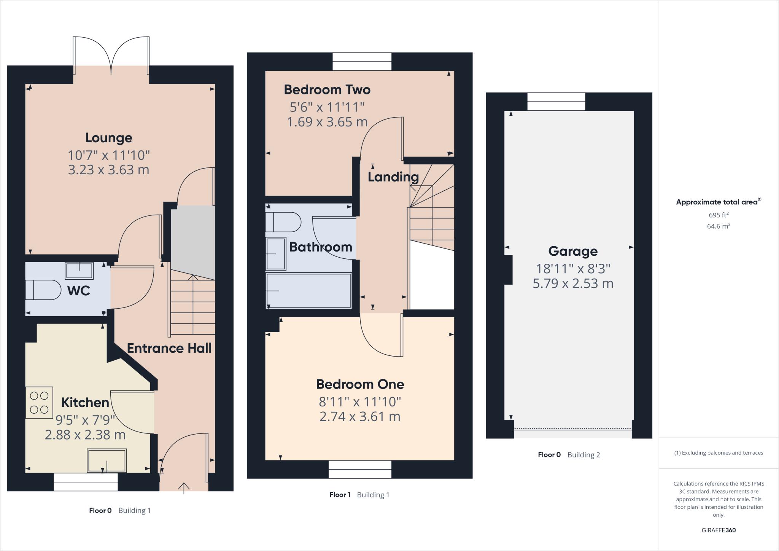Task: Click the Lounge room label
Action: click(x=108, y=138)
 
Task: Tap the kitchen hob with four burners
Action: click(x=39, y=403)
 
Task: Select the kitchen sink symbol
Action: click(x=107, y=460)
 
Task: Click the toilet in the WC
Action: click(x=43, y=290)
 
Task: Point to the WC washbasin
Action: click(x=79, y=271)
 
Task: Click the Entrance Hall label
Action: click(x=169, y=348)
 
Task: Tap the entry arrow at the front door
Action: click(x=184, y=487)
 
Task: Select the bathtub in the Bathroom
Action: click(x=308, y=290)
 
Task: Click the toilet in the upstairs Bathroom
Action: click(x=283, y=222)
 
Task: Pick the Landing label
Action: click(x=393, y=177)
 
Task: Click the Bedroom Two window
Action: click(x=362, y=62)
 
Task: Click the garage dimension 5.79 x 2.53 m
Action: click(x=573, y=284)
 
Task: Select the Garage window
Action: click(x=556, y=102)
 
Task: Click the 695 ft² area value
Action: click(x=719, y=215)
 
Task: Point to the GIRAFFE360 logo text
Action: click(x=719, y=530)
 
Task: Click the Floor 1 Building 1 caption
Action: click(x=359, y=495)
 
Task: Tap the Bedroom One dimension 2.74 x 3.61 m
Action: click(x=360, y=417)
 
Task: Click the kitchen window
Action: click(x=86, y=482)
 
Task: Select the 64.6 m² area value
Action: click(x=719, y=226)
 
